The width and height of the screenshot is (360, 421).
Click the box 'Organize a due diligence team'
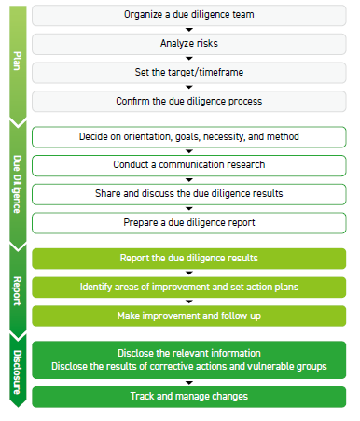tap(189, 15)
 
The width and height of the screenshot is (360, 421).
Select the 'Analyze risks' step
tap(189, 43)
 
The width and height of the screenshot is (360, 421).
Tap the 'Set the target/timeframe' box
tap(189, 72)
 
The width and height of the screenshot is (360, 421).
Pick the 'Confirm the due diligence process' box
tap(189, 101)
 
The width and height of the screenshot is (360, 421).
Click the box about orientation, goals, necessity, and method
tap(189, 137)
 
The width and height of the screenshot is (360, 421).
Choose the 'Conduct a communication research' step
tap(189, 165)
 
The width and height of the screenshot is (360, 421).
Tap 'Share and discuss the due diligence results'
tap(189, 194)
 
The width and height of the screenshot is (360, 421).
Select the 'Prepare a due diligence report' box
tap(189, 223)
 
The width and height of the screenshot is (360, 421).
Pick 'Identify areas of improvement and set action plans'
tap(189, 288)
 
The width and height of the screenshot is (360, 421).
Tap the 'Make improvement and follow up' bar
tap(189, 316)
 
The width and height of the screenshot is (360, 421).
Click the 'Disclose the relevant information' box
tap(189, 353)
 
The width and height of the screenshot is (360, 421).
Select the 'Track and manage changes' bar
tap(189, 397)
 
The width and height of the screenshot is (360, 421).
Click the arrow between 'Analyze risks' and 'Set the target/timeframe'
tap(189, 58)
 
